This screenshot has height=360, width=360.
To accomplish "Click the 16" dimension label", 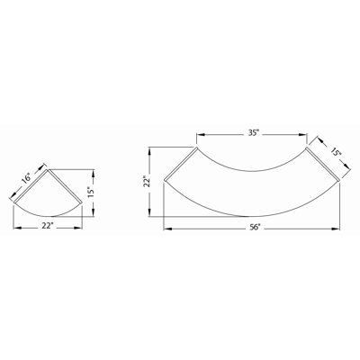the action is pos(26,178).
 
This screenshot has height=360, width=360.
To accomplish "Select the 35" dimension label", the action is pos(254,133).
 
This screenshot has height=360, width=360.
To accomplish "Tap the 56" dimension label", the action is pos(255,228).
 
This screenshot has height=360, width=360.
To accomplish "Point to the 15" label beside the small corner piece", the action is pos(92,192).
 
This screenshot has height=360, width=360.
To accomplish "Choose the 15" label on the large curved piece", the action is pos(337,152).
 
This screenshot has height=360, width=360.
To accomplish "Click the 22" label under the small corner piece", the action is pos(48,226).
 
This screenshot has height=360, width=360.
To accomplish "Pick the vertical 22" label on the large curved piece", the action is pos(147,181).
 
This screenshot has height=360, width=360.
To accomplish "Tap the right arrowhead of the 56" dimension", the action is pos(335,229).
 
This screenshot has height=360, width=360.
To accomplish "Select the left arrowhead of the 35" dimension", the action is pos(201,135).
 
